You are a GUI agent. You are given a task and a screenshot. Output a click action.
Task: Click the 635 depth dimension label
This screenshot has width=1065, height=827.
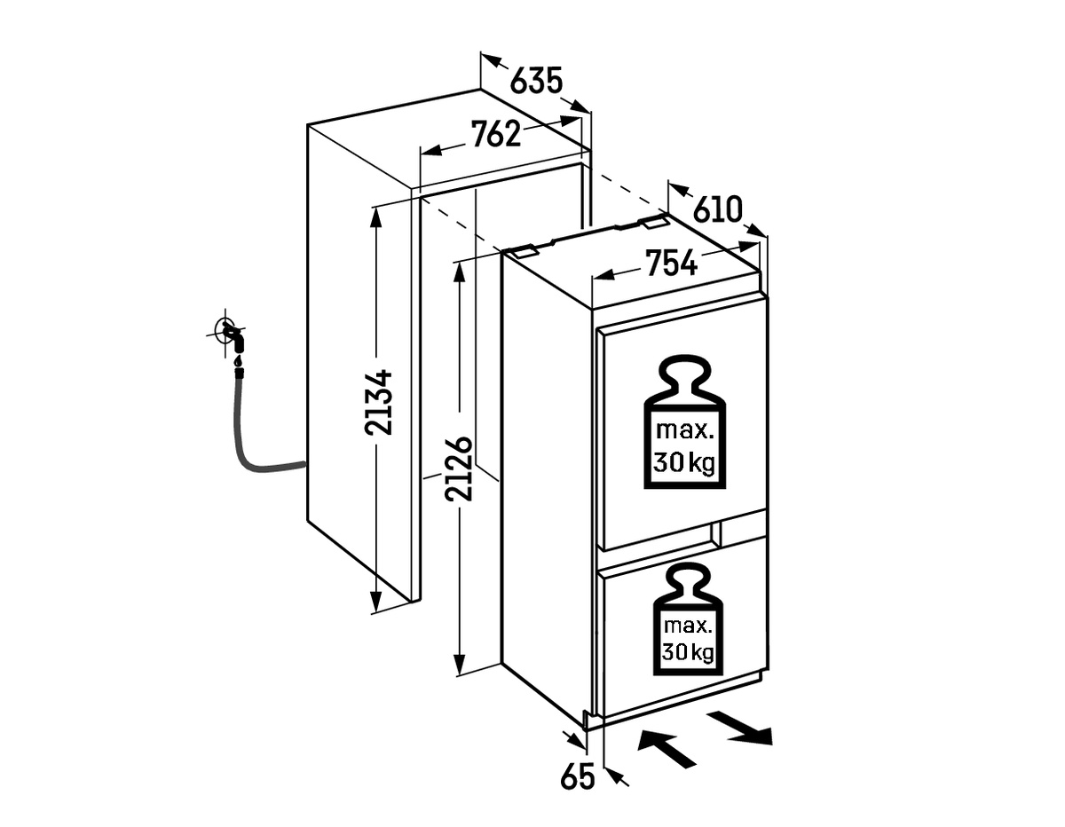(x=536, y=81)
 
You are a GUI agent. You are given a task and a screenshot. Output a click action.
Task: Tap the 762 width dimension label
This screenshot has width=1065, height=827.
(x=495, y=134)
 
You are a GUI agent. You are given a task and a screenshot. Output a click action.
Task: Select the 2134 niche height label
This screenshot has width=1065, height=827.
(x=378, y=403)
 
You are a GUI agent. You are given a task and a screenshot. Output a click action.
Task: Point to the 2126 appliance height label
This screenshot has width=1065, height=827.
(x=459, y=468)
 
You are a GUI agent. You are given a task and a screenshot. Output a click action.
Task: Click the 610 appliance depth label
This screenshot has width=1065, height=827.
(x=719, y=209)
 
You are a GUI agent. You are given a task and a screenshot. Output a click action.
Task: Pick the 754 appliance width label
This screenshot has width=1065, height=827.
(x=671, y=263)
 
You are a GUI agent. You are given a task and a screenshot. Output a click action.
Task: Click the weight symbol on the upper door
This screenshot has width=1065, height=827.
(x=684, y=421)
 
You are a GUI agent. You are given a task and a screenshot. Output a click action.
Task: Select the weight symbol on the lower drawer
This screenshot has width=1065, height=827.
(x=688, y=619)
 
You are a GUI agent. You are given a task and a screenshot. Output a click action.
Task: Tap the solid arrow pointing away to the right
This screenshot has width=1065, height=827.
(x=740, y=729)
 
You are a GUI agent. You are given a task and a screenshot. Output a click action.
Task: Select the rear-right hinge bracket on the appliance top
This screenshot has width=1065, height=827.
(x=657, y=222)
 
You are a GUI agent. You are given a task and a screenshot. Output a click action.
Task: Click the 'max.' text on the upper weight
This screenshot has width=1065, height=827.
(x=684, y=431)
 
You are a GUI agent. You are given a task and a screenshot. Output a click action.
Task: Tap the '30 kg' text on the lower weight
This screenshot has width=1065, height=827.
(x=688, y=652)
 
